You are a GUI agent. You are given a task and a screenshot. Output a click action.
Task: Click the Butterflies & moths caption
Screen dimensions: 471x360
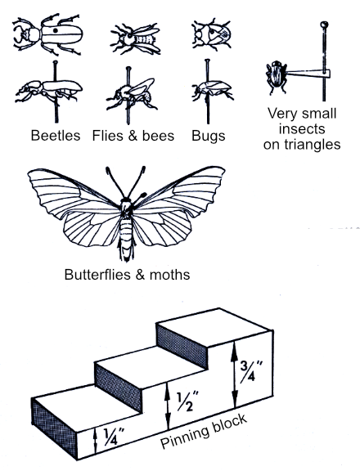[127, 274]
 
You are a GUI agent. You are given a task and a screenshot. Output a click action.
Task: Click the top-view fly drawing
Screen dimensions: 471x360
[133, 38]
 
